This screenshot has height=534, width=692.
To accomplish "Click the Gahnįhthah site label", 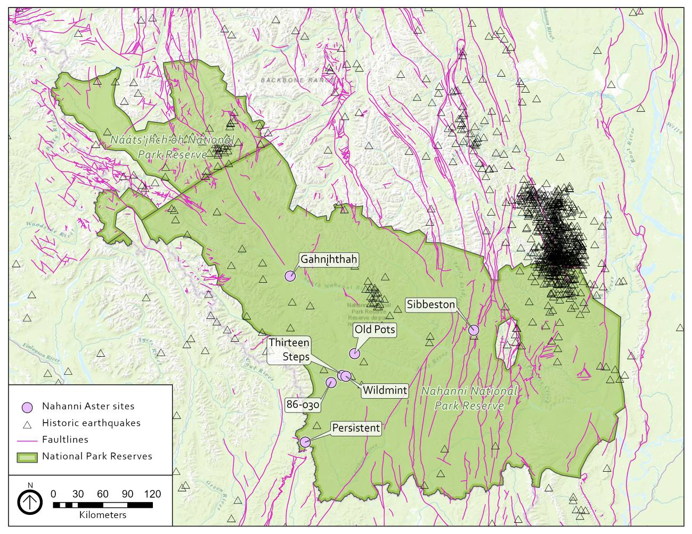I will click(x=329, y=259).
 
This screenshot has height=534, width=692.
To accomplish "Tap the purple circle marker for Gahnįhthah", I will click(x=290, y=276).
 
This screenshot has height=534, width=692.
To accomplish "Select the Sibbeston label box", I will click(x=431, y=305).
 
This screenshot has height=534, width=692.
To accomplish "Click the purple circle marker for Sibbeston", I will click(x=474, y=330).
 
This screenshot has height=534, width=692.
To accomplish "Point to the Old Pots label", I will click(x=375, y=330).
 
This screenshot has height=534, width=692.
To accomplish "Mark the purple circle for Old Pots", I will click(x=354, y=354).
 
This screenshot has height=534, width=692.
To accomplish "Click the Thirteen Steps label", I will click(x=289, y=349).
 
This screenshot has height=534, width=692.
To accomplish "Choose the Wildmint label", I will click(x=385, y=390).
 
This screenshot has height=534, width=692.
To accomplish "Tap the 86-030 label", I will click(x=303, y=405).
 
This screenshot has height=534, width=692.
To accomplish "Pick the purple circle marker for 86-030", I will click(x=331, y=382).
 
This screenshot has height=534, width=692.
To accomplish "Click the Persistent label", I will click(x=356, y=428).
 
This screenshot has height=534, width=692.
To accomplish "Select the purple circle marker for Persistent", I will click(x=305, y=442).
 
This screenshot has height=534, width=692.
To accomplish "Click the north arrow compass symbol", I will click(x=30, y=502).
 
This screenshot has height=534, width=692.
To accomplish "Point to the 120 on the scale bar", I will click(x=152, y=494).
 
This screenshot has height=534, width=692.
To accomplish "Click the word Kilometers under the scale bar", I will click(x=103, y=515).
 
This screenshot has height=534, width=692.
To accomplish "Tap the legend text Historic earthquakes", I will click(x=91, y=423).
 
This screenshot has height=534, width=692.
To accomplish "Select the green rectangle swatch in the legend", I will click(x=27, y=457).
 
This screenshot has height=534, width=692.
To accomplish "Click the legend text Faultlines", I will click(x=65, y=440).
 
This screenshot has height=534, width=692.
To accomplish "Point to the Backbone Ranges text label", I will click(x=298, y=80).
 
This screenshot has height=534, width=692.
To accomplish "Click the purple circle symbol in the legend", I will click(x=27, y=407).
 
